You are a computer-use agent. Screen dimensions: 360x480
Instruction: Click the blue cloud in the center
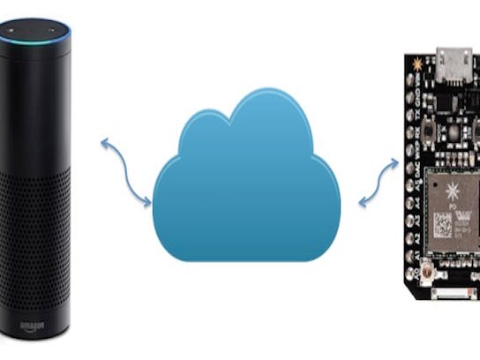[245, 190]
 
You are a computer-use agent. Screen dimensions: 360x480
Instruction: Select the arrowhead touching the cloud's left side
[146, 202]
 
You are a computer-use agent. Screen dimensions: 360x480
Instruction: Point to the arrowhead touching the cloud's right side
[362, 203]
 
